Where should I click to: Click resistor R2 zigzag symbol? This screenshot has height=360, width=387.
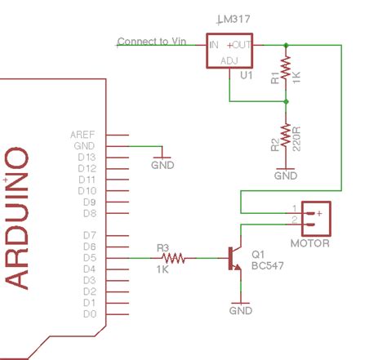tap(286, 136)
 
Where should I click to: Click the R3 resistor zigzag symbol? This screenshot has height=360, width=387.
tap(174, 259)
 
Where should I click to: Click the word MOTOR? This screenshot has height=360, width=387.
tap(310, 244)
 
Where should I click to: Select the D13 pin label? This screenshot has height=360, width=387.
tap(87, 157)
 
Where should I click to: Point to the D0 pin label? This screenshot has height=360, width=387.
tap(89, 314)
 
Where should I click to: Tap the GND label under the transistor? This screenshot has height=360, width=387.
tap(241, 311)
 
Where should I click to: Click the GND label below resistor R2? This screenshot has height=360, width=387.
tap(286, 175)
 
